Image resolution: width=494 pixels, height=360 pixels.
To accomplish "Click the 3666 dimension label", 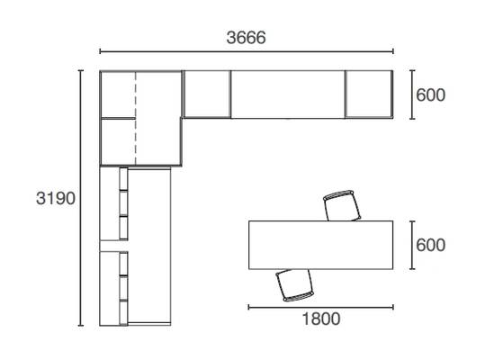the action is coord(246,38).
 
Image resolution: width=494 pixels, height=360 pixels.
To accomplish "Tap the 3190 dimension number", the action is coord(56,198).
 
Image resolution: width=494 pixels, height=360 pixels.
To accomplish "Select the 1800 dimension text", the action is coord(321,319).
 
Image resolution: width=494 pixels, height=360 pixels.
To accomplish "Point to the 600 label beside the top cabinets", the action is coord(431,94).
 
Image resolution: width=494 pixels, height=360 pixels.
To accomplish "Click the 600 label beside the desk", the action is coord(431,245).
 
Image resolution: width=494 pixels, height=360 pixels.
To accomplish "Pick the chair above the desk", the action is coord(343,205).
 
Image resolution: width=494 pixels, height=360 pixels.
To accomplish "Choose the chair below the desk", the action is coord(294,285).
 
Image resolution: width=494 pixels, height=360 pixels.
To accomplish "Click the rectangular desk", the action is coord(320,245).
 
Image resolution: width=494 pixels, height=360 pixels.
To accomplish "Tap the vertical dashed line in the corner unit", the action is coord(136,118).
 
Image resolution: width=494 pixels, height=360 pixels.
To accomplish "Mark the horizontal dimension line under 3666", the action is coord(247,51).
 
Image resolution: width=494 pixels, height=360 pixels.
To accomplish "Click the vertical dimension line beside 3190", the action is coord(81,198).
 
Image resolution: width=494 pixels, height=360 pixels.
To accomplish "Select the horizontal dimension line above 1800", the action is coord(320,307).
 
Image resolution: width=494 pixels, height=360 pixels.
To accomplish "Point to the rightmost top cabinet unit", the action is coord(369,94).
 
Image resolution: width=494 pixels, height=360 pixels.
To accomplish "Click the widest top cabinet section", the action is coord(288,94).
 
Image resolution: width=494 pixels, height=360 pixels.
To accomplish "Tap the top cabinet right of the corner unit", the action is coord(207,94).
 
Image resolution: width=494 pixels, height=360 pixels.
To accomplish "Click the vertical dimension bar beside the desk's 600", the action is coord(412,245).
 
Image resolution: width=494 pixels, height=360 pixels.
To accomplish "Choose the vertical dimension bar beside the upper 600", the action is coord(412,94).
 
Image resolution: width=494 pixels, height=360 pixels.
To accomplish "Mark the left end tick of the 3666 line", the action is coord(100,51).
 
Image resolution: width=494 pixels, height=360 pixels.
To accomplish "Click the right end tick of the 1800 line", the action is coord(393,307).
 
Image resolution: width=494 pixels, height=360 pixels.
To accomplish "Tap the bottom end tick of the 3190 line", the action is coord(81,325).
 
